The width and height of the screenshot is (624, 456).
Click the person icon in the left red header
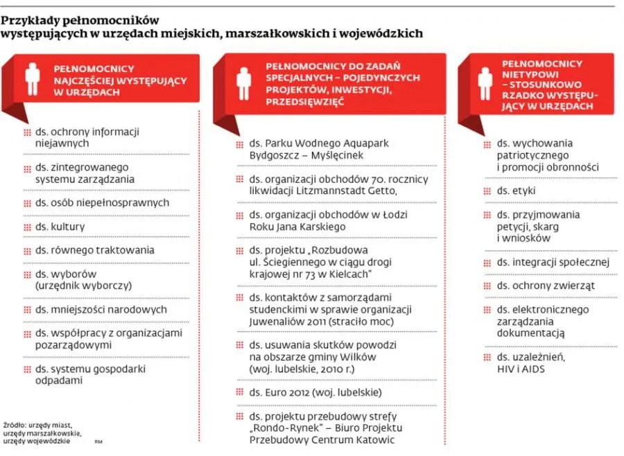32,79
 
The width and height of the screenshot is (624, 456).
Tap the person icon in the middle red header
243,83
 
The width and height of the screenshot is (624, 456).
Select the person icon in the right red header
485,83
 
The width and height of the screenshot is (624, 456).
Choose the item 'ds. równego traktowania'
94,250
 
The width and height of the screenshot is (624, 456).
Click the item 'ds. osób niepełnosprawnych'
102,203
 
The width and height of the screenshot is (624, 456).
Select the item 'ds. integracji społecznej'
553,262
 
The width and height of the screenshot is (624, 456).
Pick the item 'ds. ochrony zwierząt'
546,286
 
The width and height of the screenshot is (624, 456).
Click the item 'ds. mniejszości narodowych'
101,310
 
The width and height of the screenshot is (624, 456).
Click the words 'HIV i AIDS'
521,369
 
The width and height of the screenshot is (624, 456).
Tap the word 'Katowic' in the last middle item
375,439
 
